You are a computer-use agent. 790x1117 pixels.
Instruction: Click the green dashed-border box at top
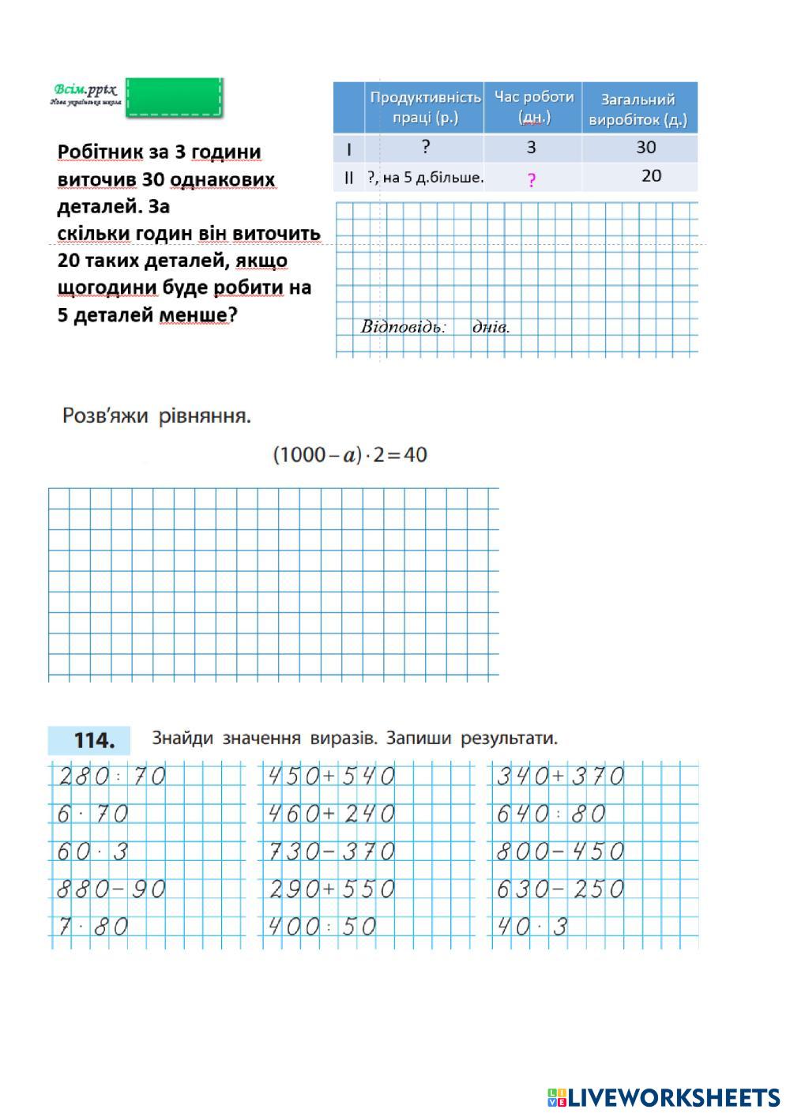coord(174,97)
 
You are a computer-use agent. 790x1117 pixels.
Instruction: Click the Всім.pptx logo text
coord(85,90)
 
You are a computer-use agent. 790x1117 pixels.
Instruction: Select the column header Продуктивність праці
coord(425,108)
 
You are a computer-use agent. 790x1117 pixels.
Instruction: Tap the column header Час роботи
coord(534,107)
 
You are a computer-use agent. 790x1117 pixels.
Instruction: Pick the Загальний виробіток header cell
coord(638,110)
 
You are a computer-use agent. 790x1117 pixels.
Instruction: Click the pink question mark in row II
coord(532,180)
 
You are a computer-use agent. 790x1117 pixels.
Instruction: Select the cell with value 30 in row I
coord(645,148)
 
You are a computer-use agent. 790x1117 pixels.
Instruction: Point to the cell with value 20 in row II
coord(651,176)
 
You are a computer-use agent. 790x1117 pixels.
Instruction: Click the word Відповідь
coord(403,327)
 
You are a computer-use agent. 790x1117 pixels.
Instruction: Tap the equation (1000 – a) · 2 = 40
coord(350,455)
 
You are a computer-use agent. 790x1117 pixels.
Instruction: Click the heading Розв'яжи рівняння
coord(156,416)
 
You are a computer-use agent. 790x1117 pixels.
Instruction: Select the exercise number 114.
coord(94,741)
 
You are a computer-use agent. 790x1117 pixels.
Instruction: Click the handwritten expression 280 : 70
coord(111,777)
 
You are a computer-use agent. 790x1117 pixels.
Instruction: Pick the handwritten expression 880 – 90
coord(111,889)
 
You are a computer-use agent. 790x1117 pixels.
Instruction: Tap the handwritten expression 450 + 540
coord(331,777)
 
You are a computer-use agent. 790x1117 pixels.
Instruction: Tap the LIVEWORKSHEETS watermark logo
coord(664,1097)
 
